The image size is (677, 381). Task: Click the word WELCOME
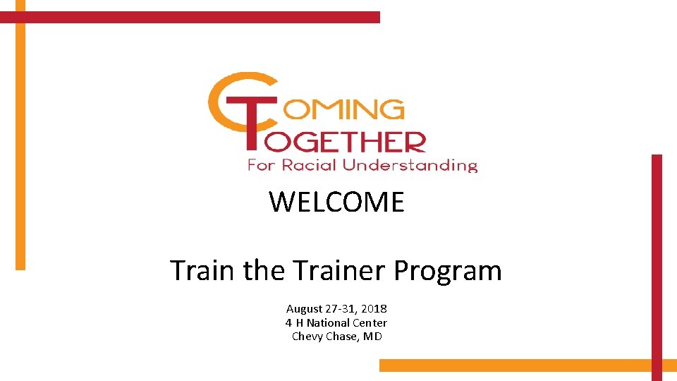coord(336,202)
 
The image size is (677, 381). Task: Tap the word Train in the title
coord(204,270)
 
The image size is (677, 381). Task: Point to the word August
coord(303,309)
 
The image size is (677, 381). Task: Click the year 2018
coord(374,309)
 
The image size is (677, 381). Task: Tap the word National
coord(328,322)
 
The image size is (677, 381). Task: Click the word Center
coord(370,322)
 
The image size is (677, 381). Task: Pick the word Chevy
coord(306,336)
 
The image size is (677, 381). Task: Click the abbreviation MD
coord(373,336)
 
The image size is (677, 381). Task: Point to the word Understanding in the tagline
coord(410,166)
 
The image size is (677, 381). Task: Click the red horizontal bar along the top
coord(190,17)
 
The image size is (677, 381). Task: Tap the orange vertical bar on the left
coord(20,141)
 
